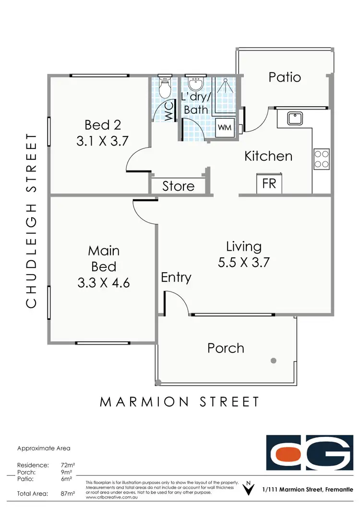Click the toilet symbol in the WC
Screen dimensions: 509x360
point(164,87)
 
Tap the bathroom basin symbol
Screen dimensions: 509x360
point(195,85)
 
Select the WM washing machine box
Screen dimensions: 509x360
point(225,127)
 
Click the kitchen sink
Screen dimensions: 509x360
point(294,118)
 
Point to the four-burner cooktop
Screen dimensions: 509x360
point(322,159)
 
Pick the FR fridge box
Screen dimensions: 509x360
point(269,183)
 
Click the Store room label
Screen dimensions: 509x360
point(178,186)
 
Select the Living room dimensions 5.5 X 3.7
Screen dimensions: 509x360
point(244,262)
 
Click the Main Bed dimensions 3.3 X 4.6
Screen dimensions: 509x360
point(103,283)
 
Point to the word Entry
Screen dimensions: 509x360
point(176,278)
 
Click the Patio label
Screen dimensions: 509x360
point(285,77)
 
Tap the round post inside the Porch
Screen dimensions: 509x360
point(273,360)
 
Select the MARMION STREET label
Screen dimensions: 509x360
point(180,401)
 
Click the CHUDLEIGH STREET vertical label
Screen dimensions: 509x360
point(31,220)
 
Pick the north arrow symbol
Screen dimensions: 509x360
point(248,489)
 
